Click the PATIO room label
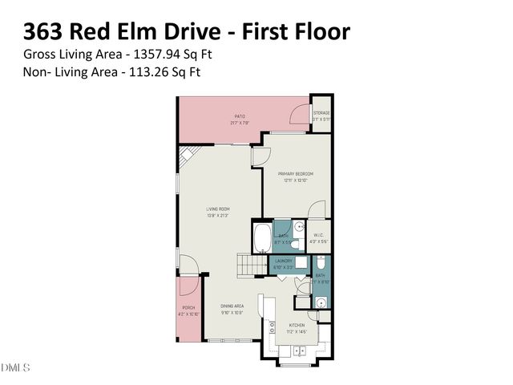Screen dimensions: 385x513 tap(240, 116)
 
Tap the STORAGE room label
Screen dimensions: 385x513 tap(321, 113)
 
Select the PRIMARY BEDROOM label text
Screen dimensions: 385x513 tap(295, 173)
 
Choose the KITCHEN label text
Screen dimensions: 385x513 tap(297, 326)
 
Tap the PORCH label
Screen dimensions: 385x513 tap(188, 307)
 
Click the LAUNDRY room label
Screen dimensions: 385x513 tap(283, 261)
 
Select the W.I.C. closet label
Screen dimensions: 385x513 tap(319, 236)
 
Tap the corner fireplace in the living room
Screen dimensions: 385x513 tap(186, 156)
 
